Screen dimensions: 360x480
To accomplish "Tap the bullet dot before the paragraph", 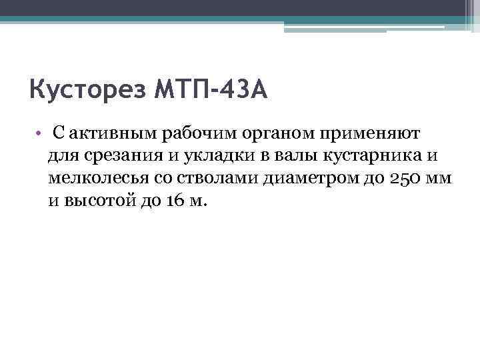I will point(40,134).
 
